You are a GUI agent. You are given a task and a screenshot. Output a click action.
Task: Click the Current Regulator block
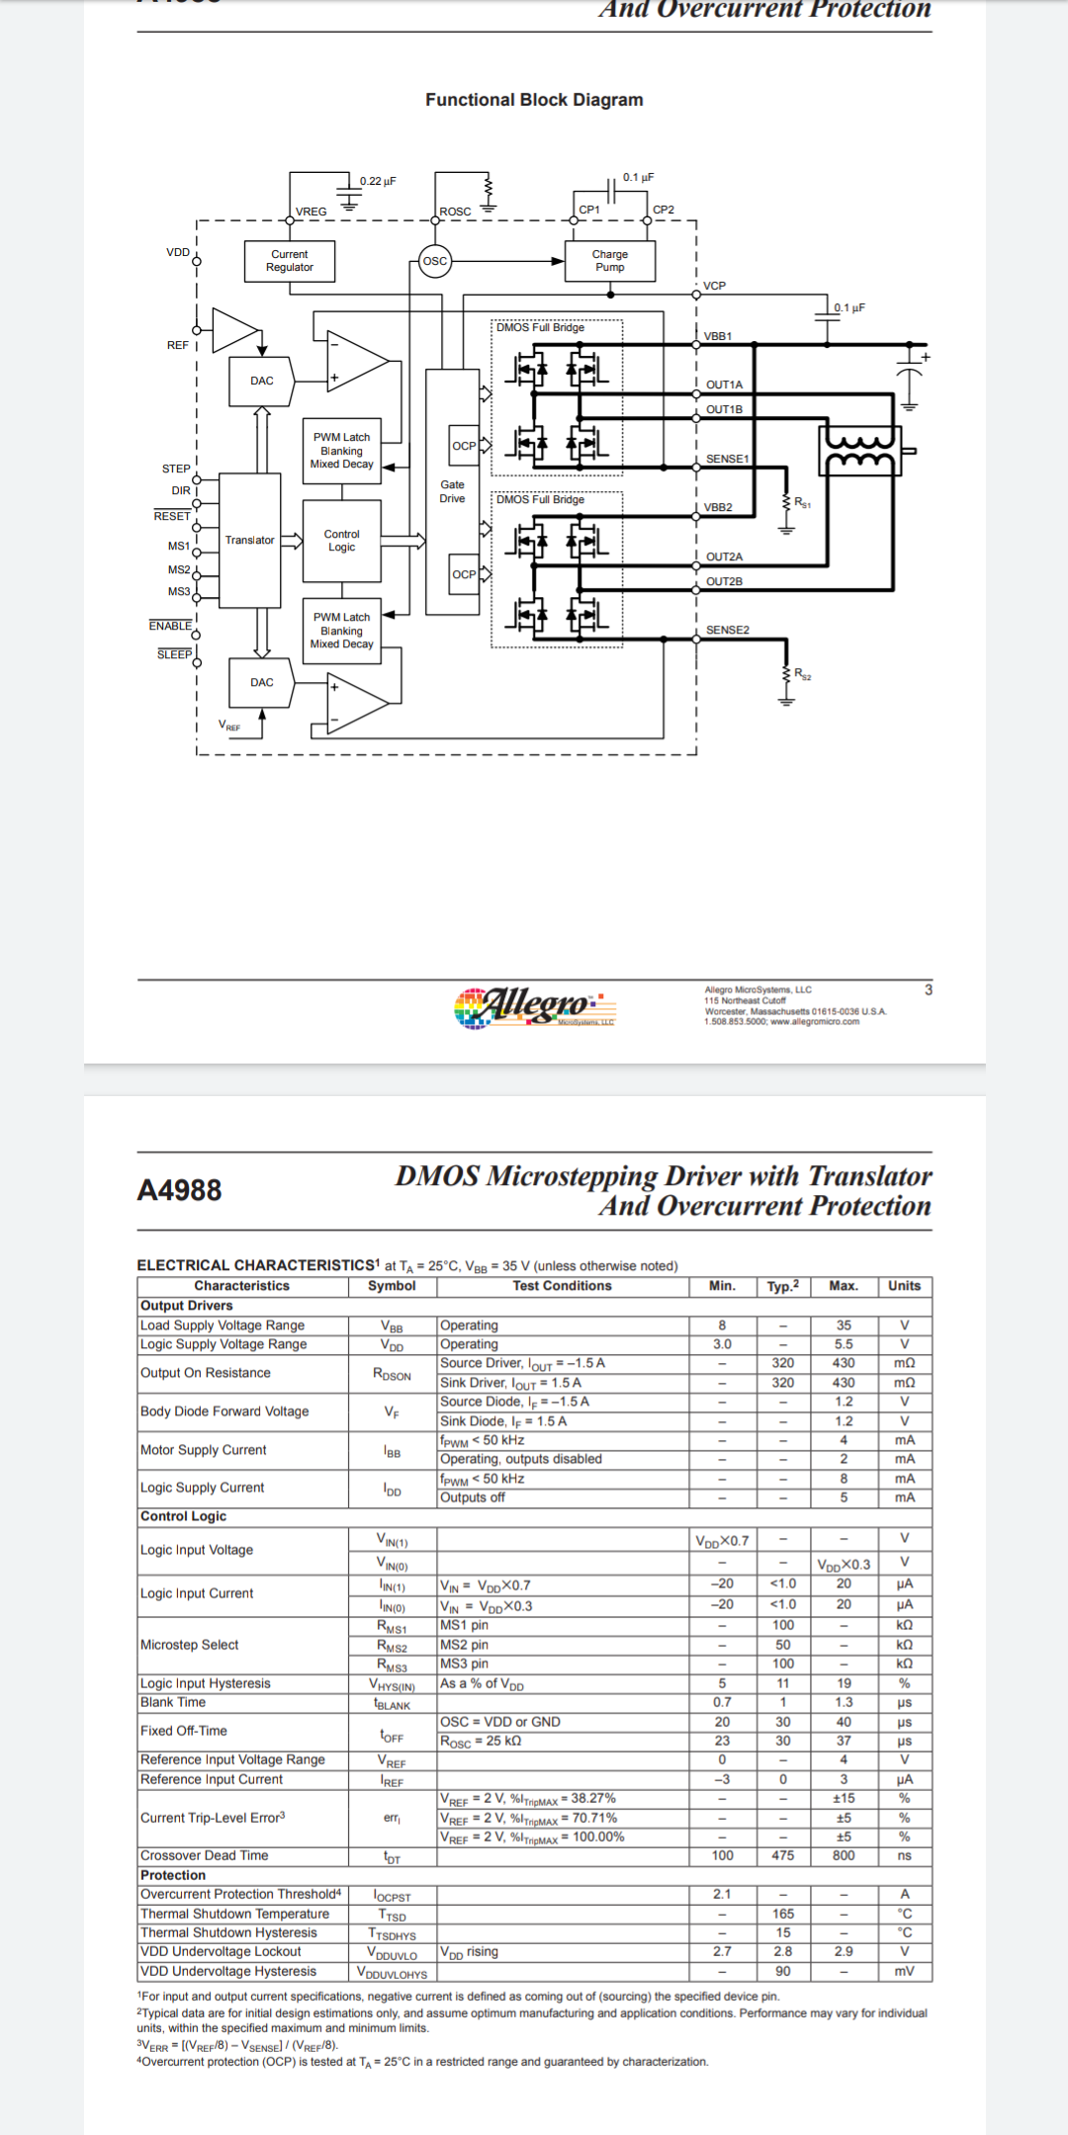pyautogui.click(x=290, y=261)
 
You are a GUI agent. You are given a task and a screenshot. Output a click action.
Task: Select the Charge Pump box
pyautogui.click(x=609, y=261)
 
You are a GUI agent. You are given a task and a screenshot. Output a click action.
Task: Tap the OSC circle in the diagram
pyautogui.click(x=435, y=261)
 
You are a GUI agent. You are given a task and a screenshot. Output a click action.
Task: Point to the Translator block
pyautogui.click(x=249, y=540)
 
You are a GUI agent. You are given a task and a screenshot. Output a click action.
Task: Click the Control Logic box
pyautogui.click(x=341, y=541)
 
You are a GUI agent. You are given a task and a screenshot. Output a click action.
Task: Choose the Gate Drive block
pyautogui.click(x=452, y=491)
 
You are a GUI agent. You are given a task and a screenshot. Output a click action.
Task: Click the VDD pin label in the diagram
pyautogui.click(x=178, y=253)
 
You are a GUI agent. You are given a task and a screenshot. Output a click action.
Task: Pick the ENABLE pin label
pyautogui.click(x=170, y=626)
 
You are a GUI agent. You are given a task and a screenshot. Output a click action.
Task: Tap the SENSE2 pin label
pyautogui.click(x=727, y=630)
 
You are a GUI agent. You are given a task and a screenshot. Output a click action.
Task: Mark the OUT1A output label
pyautogui.click(x=724, y=384)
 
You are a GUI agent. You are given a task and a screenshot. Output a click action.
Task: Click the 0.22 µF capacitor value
pyautogui.click(x=378, y=181)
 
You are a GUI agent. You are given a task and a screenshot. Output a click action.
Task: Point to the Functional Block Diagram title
pyautogui.click(x=534, y=100)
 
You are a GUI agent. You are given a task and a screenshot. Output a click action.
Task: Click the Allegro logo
pyautogui.click(x=534, y=1006)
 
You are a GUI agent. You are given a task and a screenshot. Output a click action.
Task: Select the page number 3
pyautogui.click(x=928, y=989)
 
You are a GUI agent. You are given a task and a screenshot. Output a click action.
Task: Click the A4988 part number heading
pyautogui.click(x=179, y=1190)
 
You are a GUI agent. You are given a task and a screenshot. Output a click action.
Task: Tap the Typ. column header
pyautogui.click(x=782, y=1286)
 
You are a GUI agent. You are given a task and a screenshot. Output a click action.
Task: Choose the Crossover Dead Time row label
pyautogui.click(x=204, y=1855)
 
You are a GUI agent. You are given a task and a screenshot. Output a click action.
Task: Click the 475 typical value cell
pyautogui.click(x=782, y=1855)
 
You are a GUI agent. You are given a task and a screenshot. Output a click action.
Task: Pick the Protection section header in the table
pyautogui.click(x=173, y=1875)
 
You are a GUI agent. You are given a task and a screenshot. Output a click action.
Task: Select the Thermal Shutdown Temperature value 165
pyautogui.click(x=782, y=1914)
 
